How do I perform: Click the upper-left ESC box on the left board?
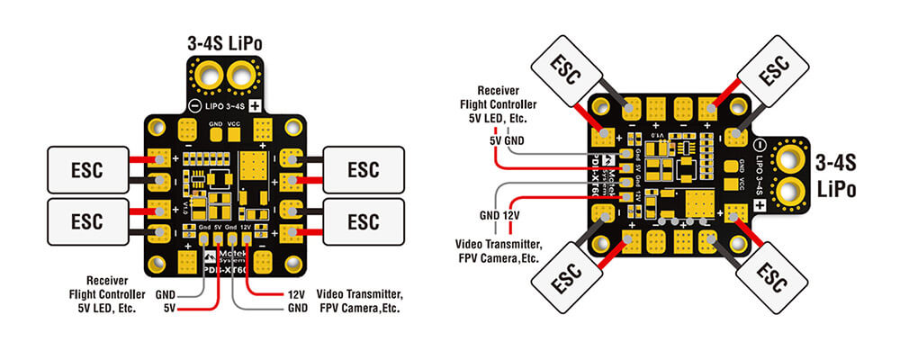pyautogui.click(x=86, y=168)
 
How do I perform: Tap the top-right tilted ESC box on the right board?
pyautogui.click(x=771, y=75)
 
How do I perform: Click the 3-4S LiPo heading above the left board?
pyautogui.click(x=224, y=41)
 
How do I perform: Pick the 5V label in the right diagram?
pyautogui.click(x=495, y=140)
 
